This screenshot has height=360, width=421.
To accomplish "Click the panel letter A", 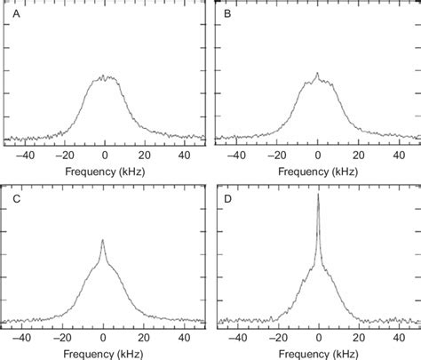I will [13, 14].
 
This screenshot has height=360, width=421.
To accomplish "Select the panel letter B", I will [226, 14].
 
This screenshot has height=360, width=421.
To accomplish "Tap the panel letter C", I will [13, 198].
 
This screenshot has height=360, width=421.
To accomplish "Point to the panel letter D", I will [226, 198].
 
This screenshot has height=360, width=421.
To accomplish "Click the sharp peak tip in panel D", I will [318, 195].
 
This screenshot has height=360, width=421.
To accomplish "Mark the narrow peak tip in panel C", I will [103, 240].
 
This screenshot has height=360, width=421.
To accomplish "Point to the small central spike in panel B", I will [317, 74].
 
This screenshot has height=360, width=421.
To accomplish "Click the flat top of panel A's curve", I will [104, 78].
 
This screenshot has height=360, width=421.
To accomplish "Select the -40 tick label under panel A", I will [22, 153].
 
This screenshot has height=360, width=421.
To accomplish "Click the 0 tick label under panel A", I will [105, 153].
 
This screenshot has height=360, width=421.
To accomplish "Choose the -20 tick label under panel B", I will [276, 153].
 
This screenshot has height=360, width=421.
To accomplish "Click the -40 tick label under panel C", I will [22, 338].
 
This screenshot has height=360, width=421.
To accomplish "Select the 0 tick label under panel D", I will [318, 338].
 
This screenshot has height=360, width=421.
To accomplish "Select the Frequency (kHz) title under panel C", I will [104, 353].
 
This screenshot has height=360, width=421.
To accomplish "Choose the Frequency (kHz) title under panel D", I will [317, 353].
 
